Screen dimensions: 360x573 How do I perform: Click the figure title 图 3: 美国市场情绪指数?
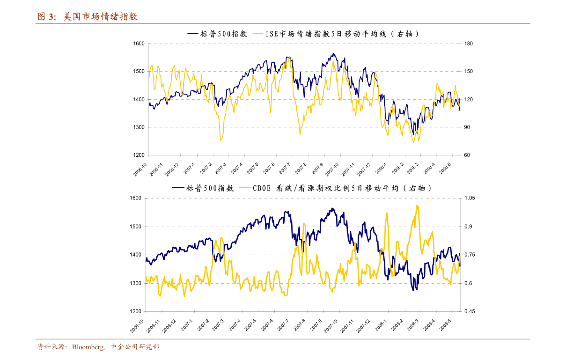(x=88, y=17)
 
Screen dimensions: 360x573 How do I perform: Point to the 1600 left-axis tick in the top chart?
(x=139, y=44)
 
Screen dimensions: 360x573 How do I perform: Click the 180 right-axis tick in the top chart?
(x=469, y=44)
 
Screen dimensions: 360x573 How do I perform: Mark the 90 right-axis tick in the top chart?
(x=468, y=127)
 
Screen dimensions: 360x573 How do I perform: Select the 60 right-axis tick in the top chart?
(x=468, y=155)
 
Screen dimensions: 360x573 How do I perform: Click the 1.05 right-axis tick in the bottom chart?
(x=469, y=198)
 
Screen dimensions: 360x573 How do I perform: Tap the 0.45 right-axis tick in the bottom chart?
(x=469, y=311)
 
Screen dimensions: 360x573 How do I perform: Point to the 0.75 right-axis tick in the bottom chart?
(x=469, y=255)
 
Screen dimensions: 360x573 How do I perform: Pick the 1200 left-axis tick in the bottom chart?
(x=135, y=311)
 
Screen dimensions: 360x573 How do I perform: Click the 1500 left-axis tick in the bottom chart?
(x=135, y=227)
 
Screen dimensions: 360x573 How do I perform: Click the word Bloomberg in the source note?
(x=90, y=347)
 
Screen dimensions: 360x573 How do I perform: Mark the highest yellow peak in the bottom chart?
(x=417, y=206)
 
